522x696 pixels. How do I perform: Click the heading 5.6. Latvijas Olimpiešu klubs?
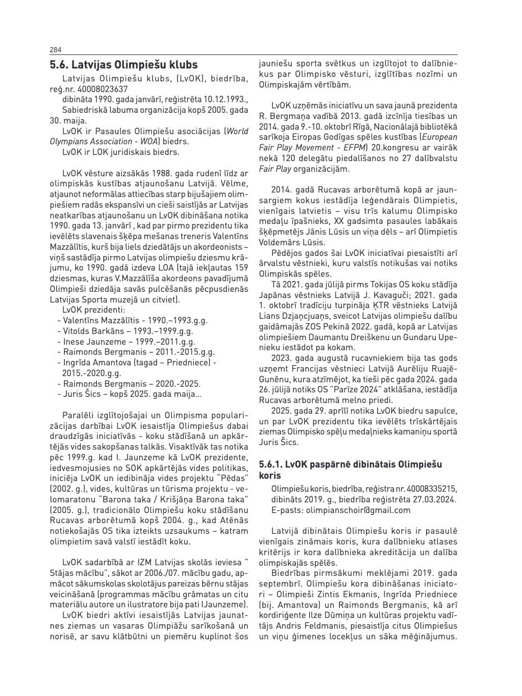(x=123, y=65)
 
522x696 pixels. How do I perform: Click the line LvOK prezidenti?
(x=94, y=310)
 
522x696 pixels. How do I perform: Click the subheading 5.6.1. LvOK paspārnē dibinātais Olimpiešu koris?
(x=351, y=469)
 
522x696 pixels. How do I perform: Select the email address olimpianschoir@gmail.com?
(x=358, y=510)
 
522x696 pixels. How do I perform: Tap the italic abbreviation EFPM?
(x=353, y=147)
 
